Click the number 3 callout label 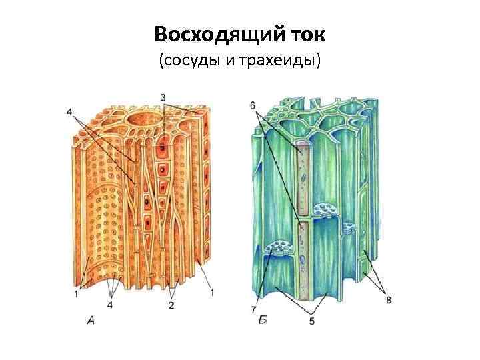pos(163,98)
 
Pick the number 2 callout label pos(171,305)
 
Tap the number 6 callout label pos(253,105)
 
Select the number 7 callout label pos(254,310)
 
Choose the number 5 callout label pos(311,321)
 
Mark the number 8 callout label pos(389,301)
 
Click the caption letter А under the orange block pos(90,321)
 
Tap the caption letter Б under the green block pos(263,321)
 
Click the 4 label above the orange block pos(69,112)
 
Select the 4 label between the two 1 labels pos(110,305)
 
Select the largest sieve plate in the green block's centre pos(326,209)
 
